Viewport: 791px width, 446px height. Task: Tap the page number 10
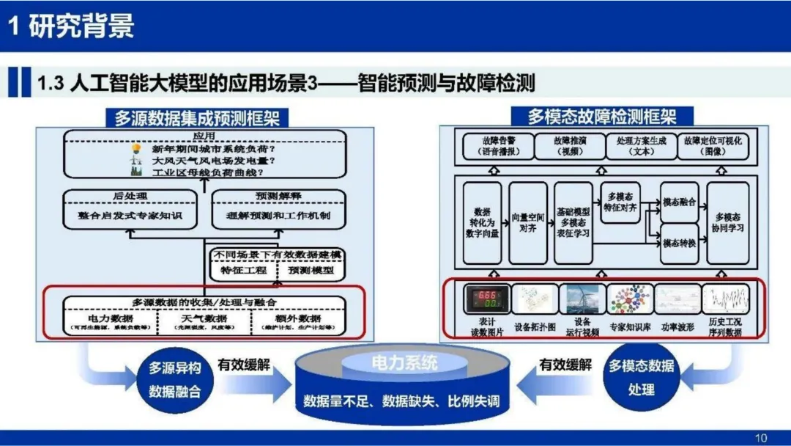pyautogui.click(x=761, y=438)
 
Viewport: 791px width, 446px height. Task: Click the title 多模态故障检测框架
pyautogui.click(x=602, y=116)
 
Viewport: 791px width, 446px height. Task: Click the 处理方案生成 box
pyautogui.click(x=639, y=146)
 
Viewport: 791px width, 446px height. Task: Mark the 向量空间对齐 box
pyautogui.click(x=527, y=223)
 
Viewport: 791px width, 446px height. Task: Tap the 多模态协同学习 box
pyautogui.click(x=728, y=223)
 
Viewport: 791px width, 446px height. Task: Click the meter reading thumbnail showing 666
pyautogui.click(x=486, y=299)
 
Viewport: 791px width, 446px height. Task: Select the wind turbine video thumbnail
pyautogui.click(x=582, y=299)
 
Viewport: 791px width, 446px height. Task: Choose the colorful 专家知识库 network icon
pyautogui.click(x=630, y=299)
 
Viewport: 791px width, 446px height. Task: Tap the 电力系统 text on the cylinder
pyautogui.click(x=404, y=362)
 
